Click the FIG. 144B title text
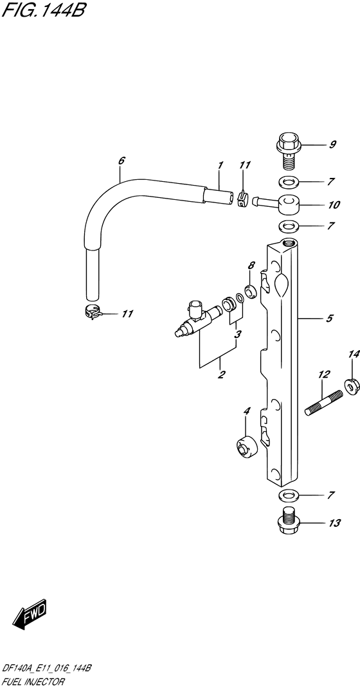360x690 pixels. point(42,10)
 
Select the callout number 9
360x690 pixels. point(333,145)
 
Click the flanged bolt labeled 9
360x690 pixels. point(287,155)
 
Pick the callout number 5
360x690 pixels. point(330,318)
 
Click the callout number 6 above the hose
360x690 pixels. point(122,161)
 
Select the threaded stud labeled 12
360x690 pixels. point(325,403)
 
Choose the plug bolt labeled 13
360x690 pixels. point(288,523)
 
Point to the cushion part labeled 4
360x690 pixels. point(246,448)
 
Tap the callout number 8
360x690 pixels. point(251,265)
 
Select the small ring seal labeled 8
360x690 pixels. point(251,292)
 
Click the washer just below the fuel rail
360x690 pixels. point(288,495)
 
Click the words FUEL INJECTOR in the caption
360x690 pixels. point(33,682)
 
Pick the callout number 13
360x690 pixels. point(334,523)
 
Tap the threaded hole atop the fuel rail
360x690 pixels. point(289,242)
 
